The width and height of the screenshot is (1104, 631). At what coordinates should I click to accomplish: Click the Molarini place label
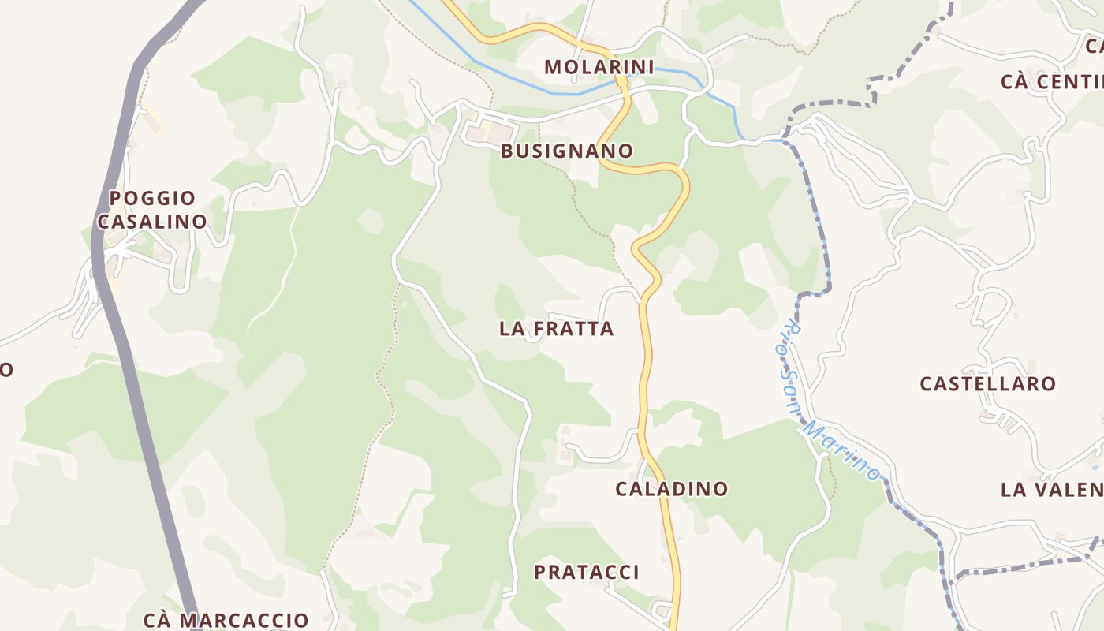[x=599, y=67]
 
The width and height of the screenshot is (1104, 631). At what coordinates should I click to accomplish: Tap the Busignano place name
[x=567, y=151]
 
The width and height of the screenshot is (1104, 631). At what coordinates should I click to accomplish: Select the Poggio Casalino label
[x=152, y=210]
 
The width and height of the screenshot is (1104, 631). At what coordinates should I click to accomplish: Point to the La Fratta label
[x=556, y=329]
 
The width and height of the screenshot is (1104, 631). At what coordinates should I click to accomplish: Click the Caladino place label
[x=671, y=489]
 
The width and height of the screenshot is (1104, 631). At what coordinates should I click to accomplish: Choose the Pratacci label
[x=587, y=573]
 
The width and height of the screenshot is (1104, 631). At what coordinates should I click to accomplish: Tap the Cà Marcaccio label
[x=226, y=620]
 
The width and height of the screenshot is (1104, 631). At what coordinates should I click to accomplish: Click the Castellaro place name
[x=987, y=384]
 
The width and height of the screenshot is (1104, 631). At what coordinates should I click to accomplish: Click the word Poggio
[x=152, y=198]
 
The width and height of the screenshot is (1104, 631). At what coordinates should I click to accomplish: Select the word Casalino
[x=152, y=222]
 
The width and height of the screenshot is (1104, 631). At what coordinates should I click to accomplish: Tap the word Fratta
[x=573, y=329]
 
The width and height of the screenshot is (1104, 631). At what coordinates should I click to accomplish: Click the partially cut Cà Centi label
[x=1052, y=82]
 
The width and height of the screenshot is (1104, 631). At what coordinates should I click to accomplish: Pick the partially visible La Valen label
[x=1052, y=490]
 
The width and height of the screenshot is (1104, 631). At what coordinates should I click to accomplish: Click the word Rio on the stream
[x=792, y=335]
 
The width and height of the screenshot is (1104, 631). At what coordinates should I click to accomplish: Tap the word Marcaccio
[x=244, y=620]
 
